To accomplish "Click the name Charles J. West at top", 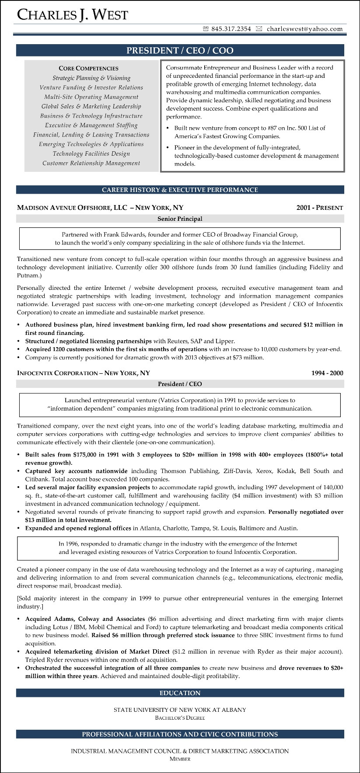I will (x=73, y=14).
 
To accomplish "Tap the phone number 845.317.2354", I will (x=231, y=29).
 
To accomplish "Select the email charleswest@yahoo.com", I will (x=304, y=29).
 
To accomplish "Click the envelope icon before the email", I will (x=259, y=29).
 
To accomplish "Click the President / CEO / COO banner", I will (x=180, y=51).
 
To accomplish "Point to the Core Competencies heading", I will (x=88, y=68).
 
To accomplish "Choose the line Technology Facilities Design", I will (x=91, y=153).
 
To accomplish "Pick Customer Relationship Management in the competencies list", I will (x=91, y=163).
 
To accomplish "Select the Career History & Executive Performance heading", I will (x=180, y=190).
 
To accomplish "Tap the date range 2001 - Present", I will (x=319, y=208).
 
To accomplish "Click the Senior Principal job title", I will (x=180, y=219).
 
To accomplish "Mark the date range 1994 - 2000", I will (x=327, y=373).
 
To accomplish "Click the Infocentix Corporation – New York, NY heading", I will (x=83, y=373).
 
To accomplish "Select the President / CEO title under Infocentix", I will (x=180, y=384).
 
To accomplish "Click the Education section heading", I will (x=180, y=693).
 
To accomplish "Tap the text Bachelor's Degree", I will (x=180, y=717).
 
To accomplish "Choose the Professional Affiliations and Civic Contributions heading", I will (x=180, y=734).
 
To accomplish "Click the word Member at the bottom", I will (x=180, y=759).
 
